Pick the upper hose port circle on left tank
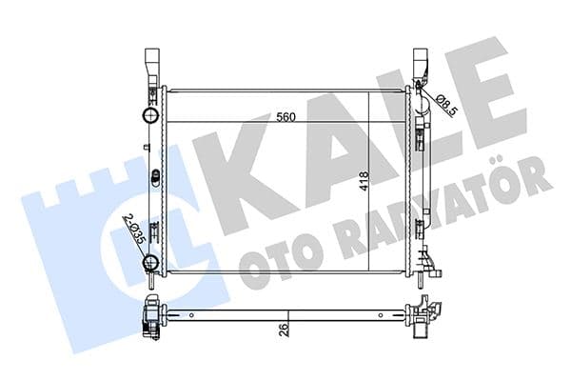click(x=148, y=116)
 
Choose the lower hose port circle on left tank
click(x=148, y=264)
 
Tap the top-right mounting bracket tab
click(x=422, y=65)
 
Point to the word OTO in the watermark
click(x=277, y=267)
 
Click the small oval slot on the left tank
click(x=152, y=177)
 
